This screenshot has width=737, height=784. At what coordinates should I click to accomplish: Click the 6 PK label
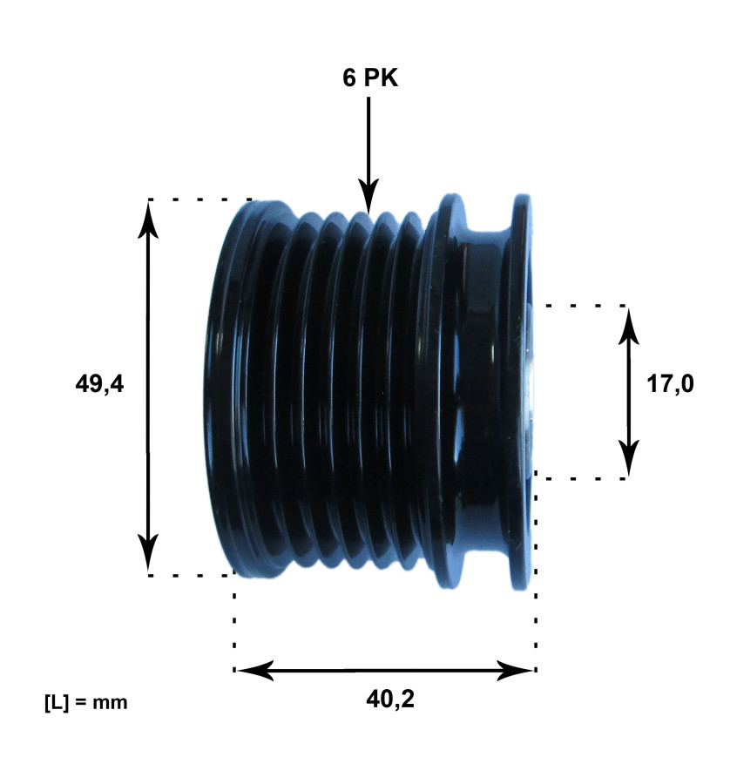tap(369, 78)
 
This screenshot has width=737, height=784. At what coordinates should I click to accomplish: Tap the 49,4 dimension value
tap(100, 384)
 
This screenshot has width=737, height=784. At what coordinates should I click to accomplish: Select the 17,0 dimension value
tap(670, 384)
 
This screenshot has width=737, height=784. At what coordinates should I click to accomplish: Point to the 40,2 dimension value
tap(385, 699)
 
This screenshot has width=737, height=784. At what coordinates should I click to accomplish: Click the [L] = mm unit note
tap(85, 701)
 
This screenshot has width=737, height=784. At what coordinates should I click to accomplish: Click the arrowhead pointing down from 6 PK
tap(368, 199)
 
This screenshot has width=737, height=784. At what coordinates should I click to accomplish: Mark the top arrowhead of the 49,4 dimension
tap(148, 218)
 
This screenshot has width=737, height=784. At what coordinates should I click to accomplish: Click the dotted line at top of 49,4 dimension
tap(200, 199)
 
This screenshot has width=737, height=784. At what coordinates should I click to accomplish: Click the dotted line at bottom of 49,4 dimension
tap(192, 576)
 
